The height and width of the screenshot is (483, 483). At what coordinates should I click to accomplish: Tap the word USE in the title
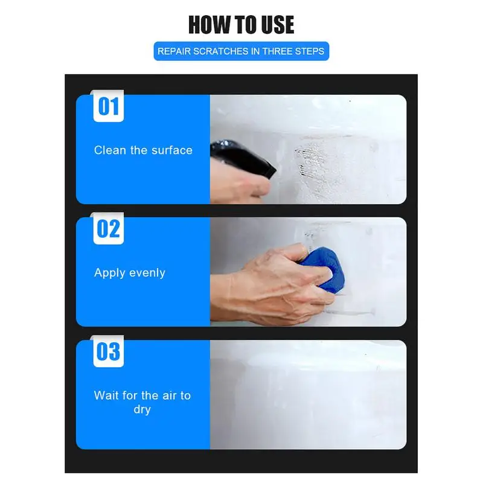[272, 25]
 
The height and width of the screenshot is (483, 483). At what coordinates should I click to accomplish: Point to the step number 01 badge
[109, 107]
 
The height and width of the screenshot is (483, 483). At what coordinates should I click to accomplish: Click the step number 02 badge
[109, 229]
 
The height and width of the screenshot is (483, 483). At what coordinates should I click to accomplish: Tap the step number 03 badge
[109, 351]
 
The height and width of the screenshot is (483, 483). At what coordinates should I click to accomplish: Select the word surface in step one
[171, 150]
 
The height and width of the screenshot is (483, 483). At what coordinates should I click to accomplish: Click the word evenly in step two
[148, 273]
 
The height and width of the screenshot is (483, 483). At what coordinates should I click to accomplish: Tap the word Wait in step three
[106, 395]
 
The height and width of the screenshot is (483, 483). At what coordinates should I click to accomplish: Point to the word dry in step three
[142, 409]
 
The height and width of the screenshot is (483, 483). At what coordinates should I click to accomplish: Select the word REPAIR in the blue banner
[174, 51]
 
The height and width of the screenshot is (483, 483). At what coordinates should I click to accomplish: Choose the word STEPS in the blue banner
[309, 51]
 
